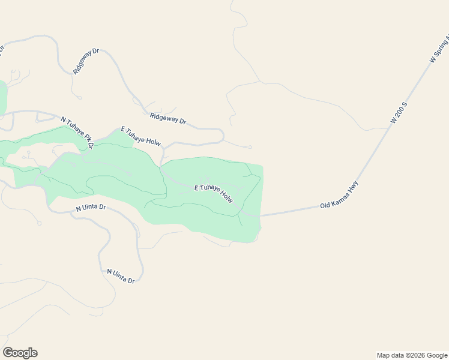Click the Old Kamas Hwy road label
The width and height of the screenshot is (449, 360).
(339, 195)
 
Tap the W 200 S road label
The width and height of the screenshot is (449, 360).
(399, 112)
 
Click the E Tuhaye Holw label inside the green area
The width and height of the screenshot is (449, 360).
(213, 193)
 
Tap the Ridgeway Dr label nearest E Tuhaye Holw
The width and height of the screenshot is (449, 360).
(168, 119)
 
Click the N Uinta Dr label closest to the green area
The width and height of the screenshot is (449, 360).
(91, 208)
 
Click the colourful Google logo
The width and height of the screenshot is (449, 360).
(20, 353)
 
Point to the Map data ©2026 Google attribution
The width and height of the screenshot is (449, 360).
(412, 355)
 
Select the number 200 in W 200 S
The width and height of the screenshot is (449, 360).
(399, 112)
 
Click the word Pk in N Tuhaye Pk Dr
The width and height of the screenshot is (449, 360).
(86, 137)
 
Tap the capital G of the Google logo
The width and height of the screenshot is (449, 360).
(8, 353)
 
